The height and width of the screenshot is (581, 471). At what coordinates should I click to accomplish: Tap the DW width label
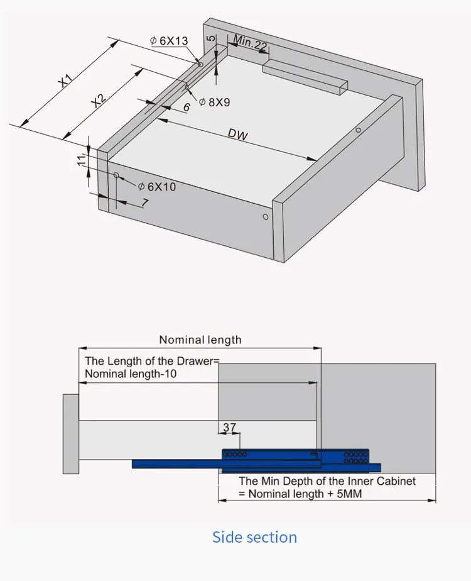[x=238, y=135]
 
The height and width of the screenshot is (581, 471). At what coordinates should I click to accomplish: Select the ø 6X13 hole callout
[x=169, y=41]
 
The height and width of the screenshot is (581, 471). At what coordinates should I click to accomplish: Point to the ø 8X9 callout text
[x=215, y=102]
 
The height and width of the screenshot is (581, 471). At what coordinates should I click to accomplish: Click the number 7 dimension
[x=144, y=202]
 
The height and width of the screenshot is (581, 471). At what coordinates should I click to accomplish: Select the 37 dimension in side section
[x=230, y=428]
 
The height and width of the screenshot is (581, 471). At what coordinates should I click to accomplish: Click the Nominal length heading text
[x=200, y=340]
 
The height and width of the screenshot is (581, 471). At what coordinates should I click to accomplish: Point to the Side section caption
[x=254, y=537]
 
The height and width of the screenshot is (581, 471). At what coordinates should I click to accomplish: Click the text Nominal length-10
[x=131, y=373]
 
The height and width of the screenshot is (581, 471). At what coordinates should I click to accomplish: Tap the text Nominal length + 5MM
[x=300, y=494]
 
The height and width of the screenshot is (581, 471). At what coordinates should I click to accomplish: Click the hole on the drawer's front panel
[x=265, y=217]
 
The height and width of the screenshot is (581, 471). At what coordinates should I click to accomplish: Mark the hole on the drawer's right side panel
[x=357, y=131]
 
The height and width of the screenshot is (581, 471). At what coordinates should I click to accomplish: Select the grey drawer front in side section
[x=70, y=434]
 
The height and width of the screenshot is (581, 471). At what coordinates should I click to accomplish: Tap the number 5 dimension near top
[x=212, y=38]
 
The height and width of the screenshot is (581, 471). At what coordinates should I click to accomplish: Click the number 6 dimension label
[x=187, y=108]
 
